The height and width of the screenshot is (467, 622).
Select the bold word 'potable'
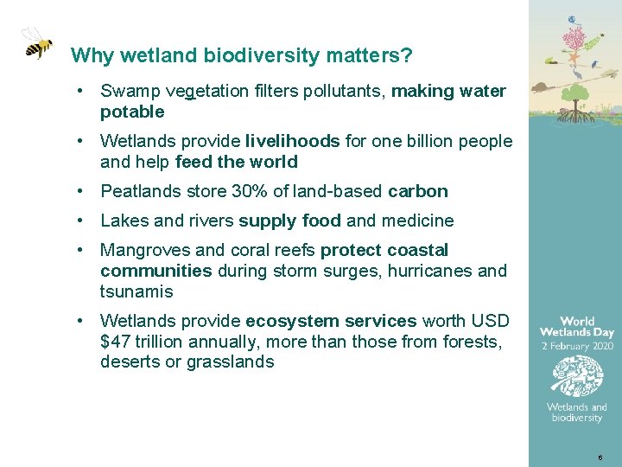(x=132, y=112)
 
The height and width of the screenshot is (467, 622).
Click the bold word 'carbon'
(x=418, y=191)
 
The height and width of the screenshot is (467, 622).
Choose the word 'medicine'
(x=418, y=221)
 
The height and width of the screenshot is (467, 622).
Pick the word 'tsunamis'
(x=136, y=291)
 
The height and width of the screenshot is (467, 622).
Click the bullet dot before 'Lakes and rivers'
(x=79, y=221)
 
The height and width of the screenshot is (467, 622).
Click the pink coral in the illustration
(x=574, y=38)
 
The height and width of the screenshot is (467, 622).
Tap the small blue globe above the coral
(x=572, y=19)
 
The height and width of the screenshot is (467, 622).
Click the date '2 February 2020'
(x=576, y=345)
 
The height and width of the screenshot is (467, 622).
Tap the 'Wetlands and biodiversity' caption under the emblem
(x=576, y=413)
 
